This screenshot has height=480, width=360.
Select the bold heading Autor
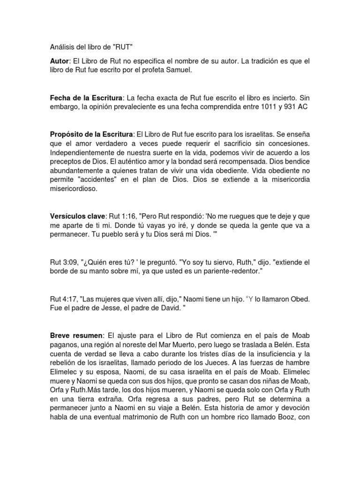pos(59,61)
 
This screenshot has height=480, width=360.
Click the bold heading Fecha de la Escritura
pos(86,97)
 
